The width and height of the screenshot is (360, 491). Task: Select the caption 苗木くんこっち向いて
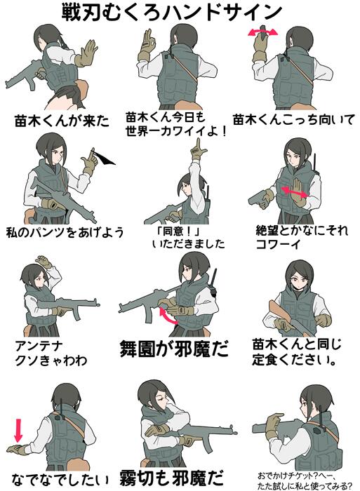(294, 119)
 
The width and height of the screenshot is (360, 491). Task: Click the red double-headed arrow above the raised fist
(262, 32)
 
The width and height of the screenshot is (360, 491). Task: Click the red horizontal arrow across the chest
(293, 189)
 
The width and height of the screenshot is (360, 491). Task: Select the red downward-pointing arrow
(18, 427)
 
